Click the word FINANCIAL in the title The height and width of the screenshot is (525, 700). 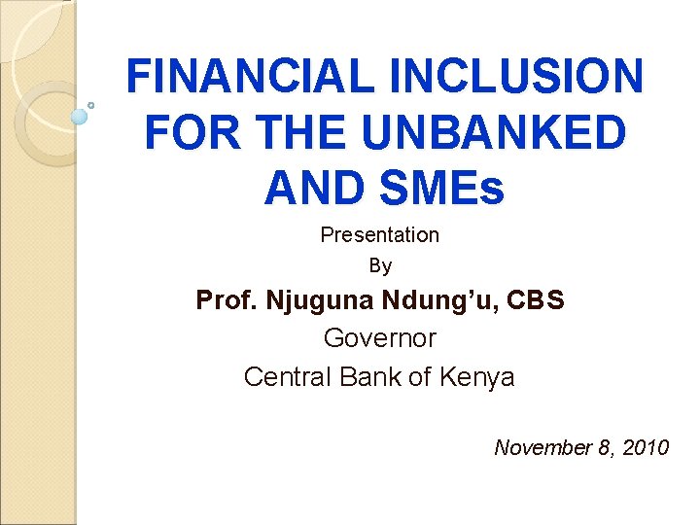[x=244, y=77]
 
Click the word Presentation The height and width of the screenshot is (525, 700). [x=379, y=234]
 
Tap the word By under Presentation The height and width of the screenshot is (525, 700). [x=379, y=264]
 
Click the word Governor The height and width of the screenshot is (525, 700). [x=379, y=338]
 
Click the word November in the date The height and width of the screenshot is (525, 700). [x=542, y=447]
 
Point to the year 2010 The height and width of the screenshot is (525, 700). [x=646, y=447]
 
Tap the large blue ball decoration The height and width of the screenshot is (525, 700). [x=80, y=117]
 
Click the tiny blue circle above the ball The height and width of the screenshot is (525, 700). [x=90, y=104]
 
